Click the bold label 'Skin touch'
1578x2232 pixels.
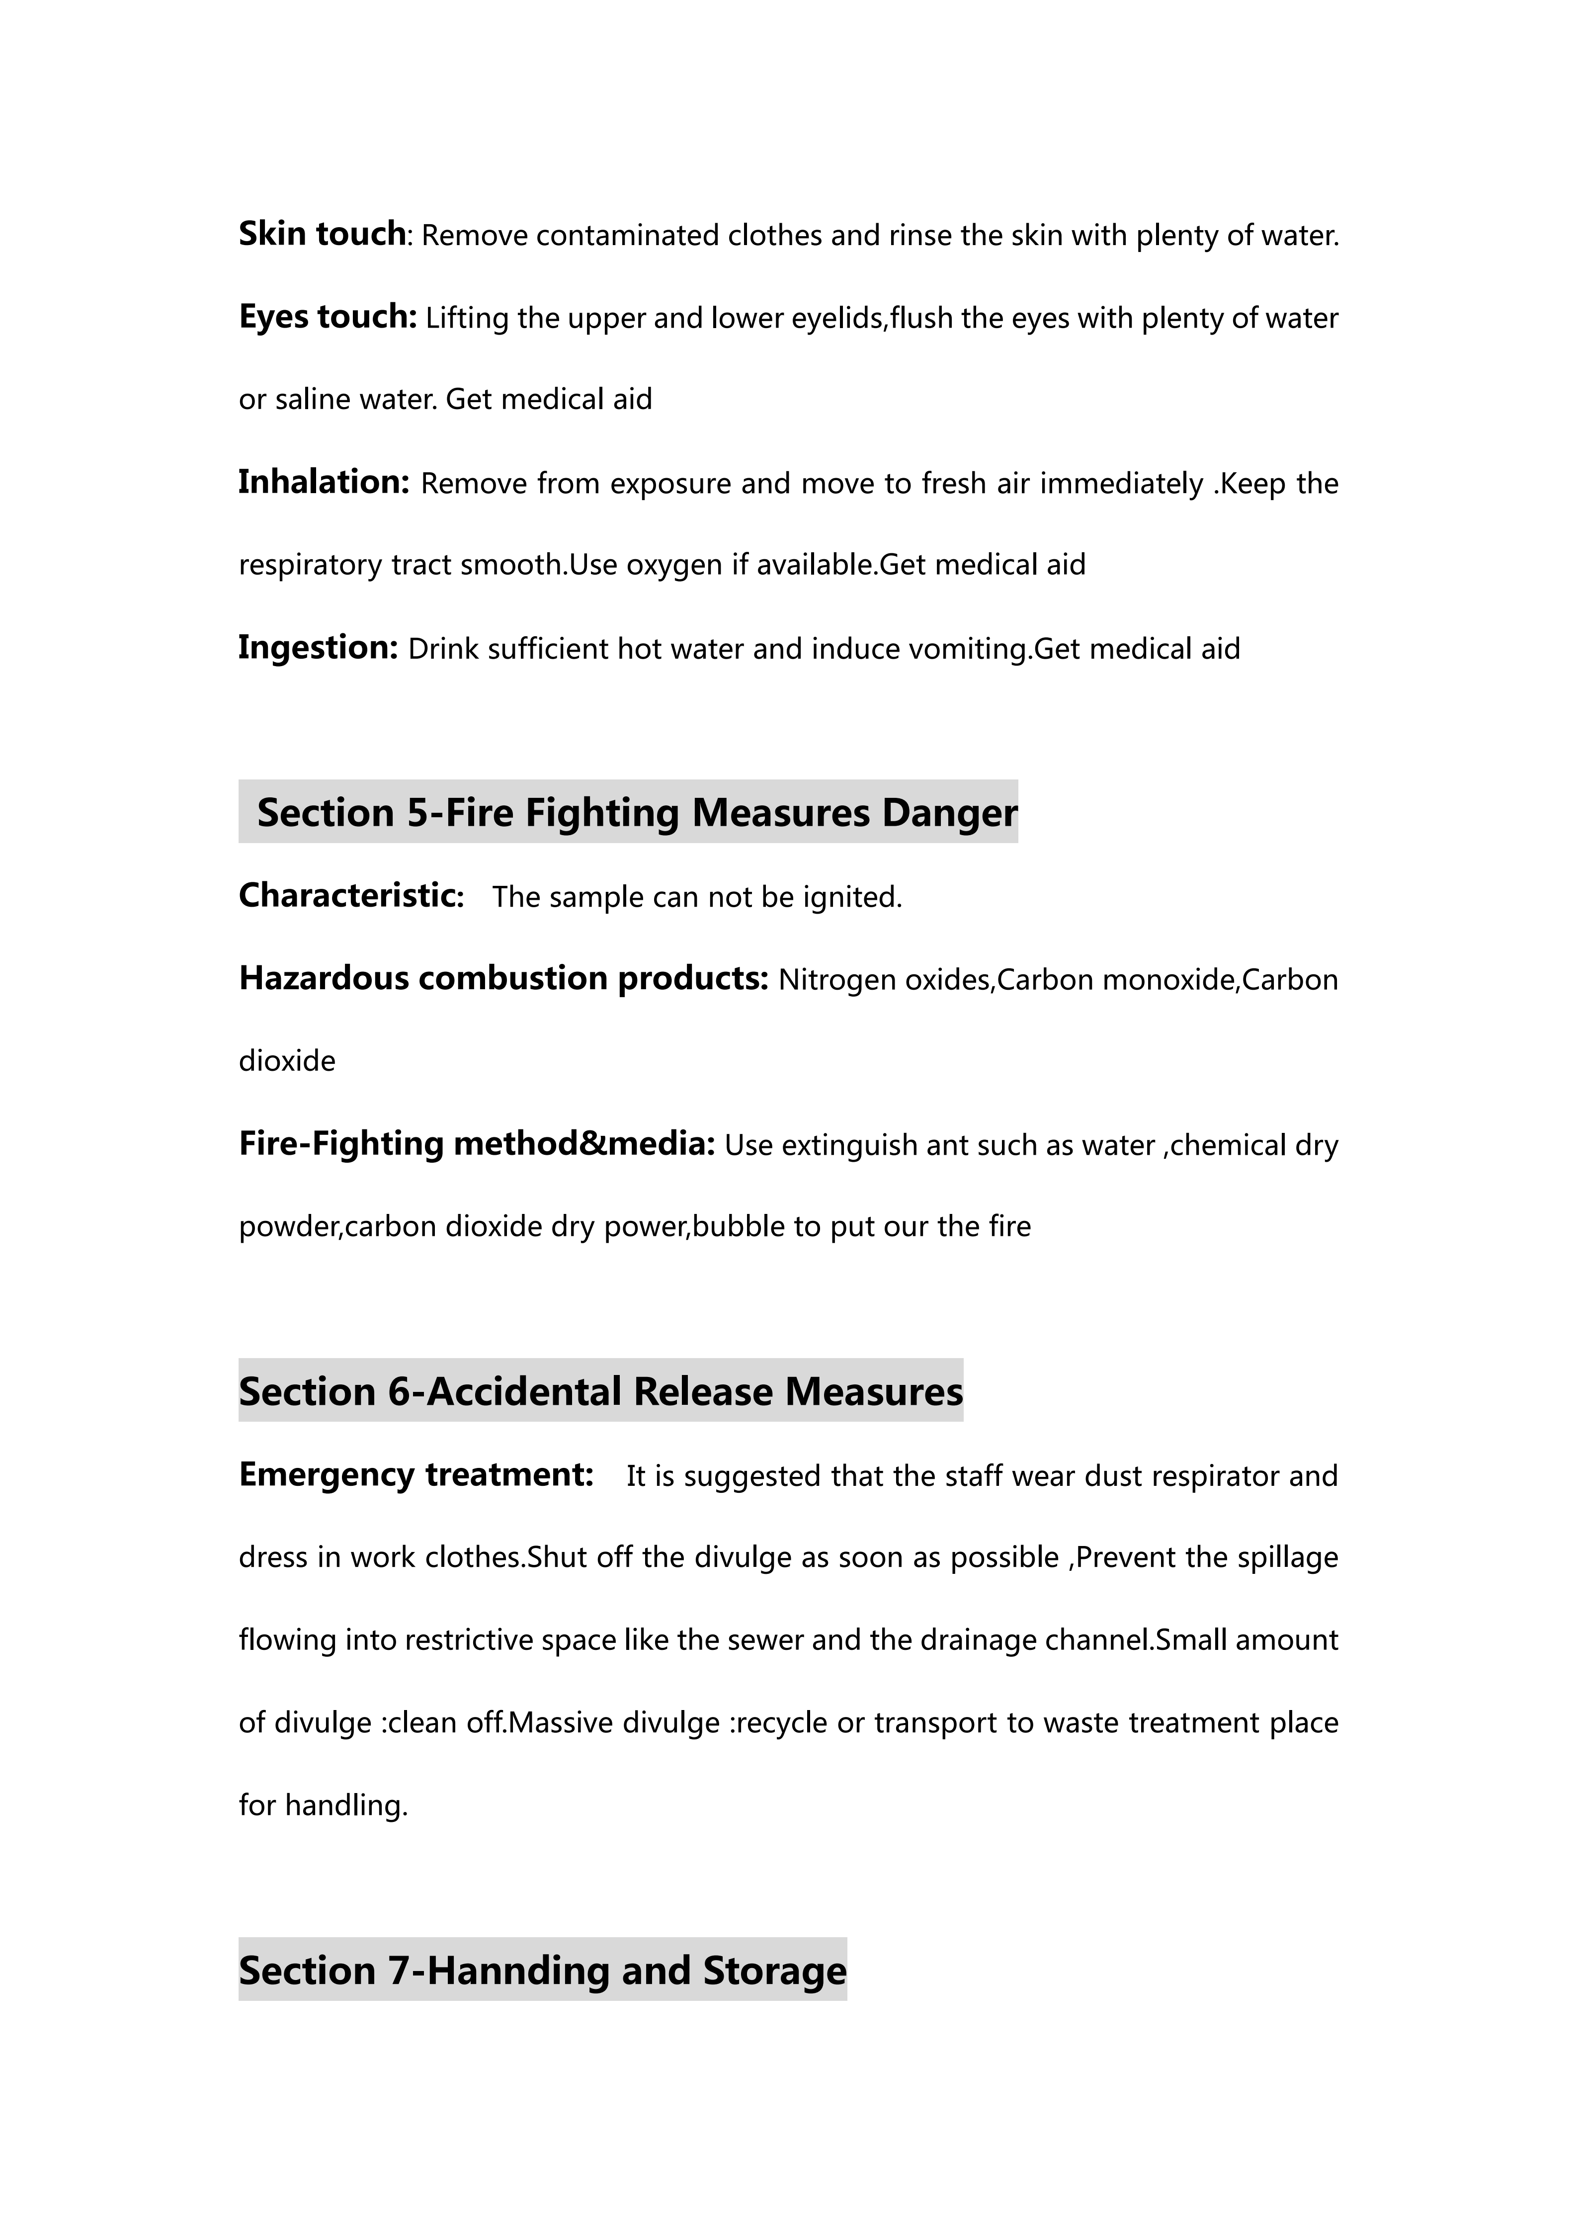coord(322,234)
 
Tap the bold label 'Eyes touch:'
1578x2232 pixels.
coord(328,317)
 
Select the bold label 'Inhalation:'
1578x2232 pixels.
coord(324,482)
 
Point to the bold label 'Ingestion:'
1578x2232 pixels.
coord(318,647)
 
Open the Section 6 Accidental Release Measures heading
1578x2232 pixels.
coord(600,1391)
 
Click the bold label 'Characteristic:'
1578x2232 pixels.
coord(351,895)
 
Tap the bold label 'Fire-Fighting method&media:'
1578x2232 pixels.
coord(477,1143)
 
